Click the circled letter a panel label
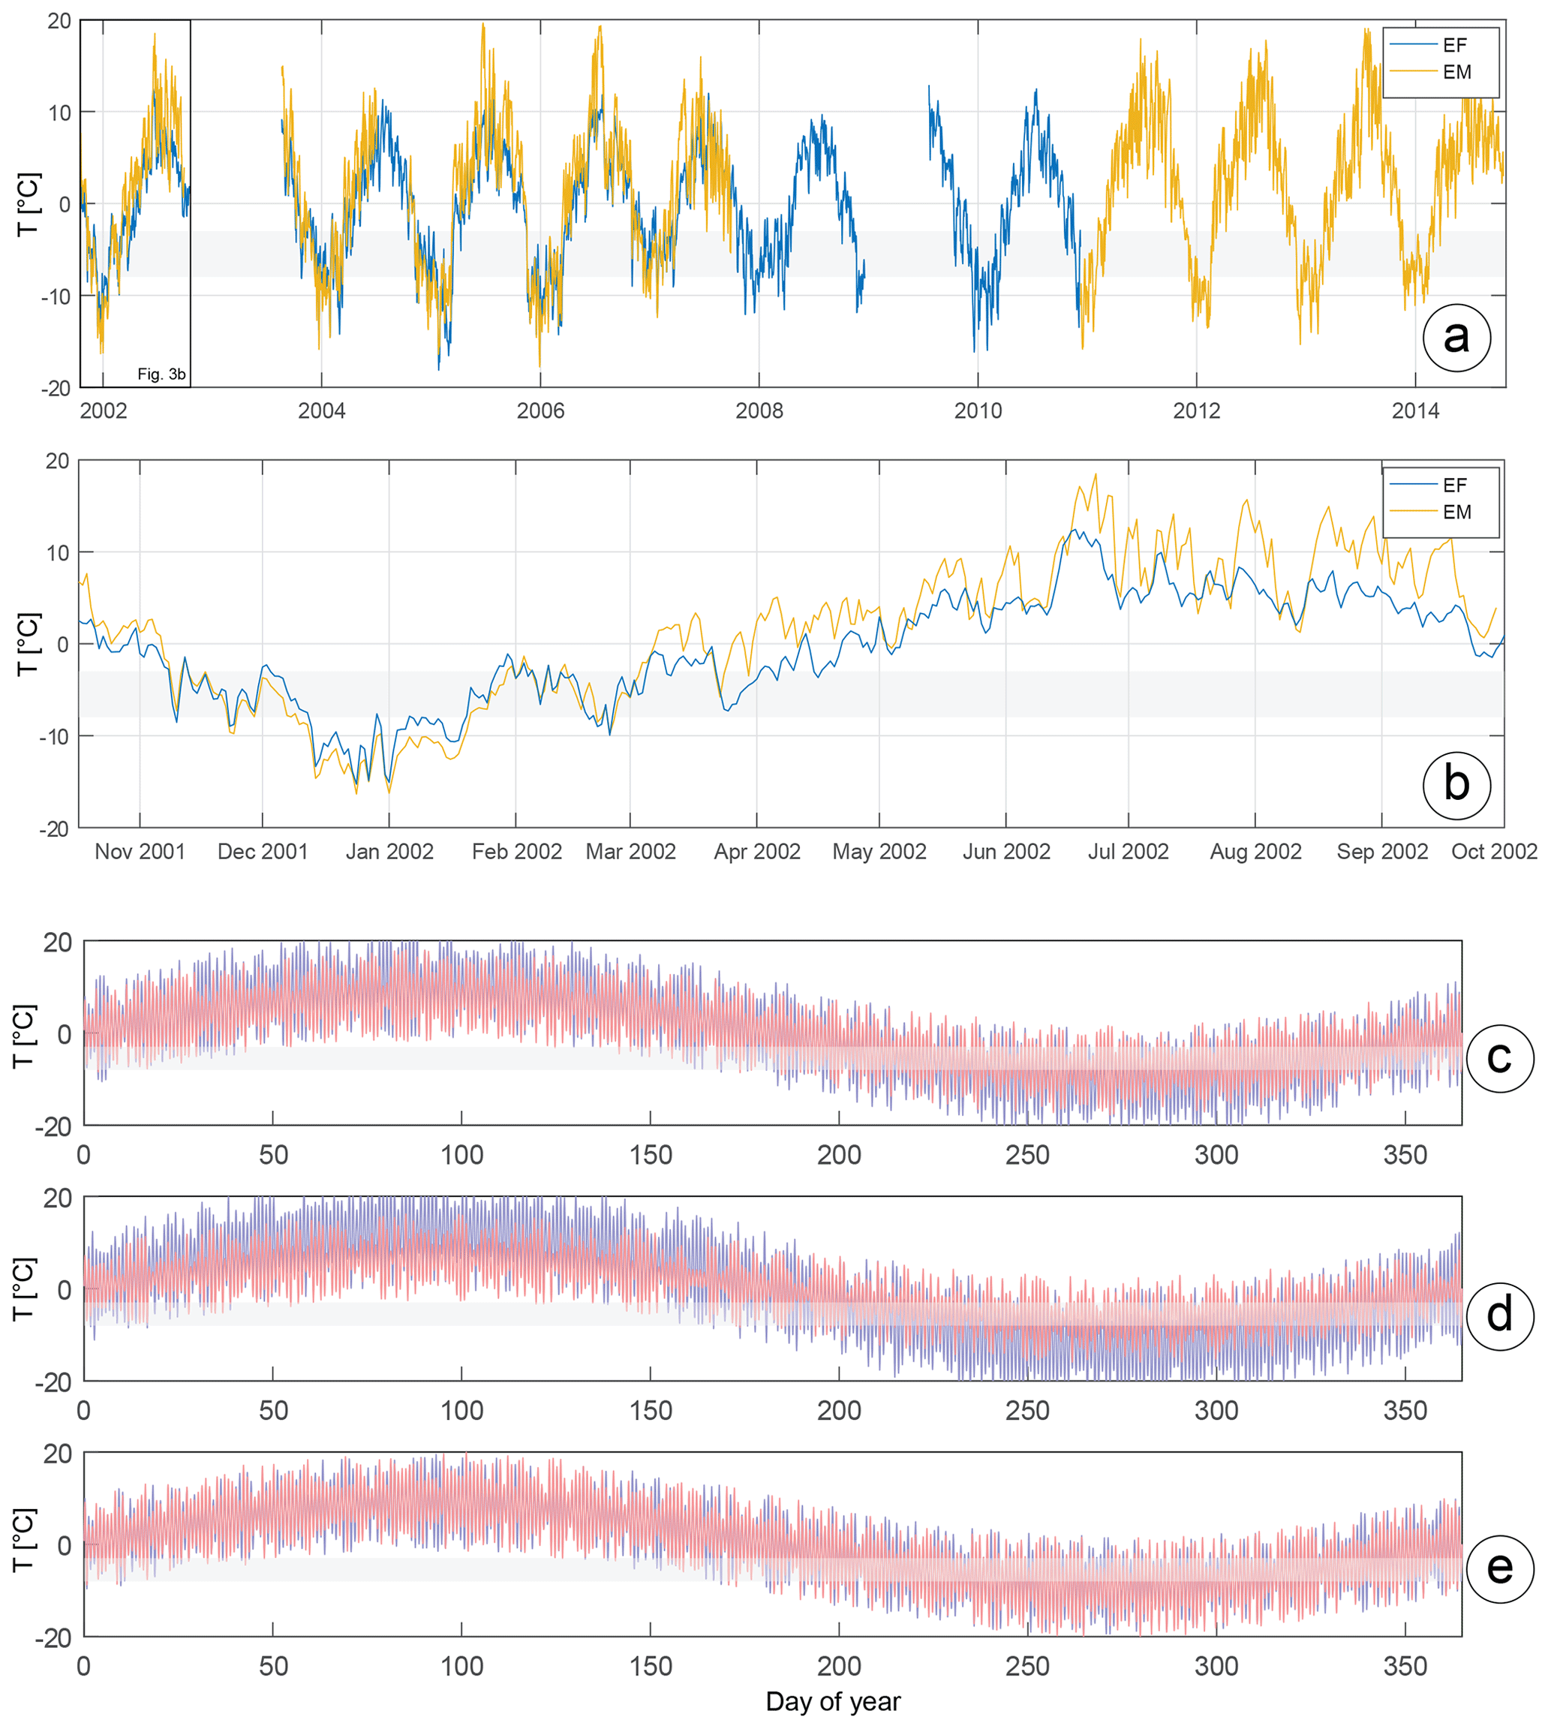coord(1456,338)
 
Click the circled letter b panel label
coord(1456,784)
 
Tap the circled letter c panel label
coord(1499,1057)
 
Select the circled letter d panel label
coord(1499,1315)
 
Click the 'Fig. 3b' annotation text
coord(161,374)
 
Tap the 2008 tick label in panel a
coord(759,410)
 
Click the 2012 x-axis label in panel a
coord(1197,410)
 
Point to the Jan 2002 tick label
coord(389,851)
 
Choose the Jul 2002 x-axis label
coord(1128,851)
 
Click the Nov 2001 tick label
coord(140,851)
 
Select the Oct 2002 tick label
coord(1493,851)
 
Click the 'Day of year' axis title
coord(833,1702)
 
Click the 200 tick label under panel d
coord(839,1410)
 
